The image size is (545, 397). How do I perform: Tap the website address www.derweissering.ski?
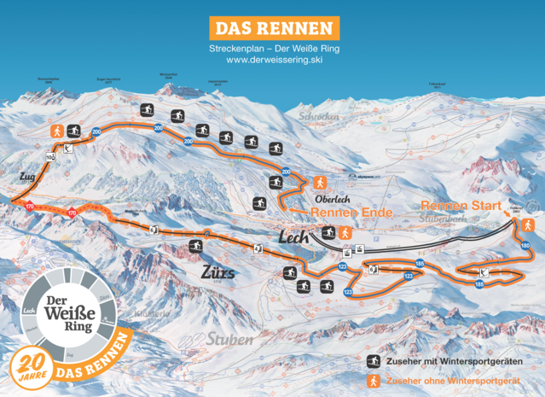tap(272, 61)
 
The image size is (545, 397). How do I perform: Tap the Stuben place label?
tap(228, 339)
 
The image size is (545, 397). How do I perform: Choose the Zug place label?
tap(25, 178)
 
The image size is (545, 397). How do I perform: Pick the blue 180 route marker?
tap(524, 246)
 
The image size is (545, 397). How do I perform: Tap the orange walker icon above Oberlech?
tap(320, 182)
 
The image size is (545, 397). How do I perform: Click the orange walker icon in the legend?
tap(373, 381)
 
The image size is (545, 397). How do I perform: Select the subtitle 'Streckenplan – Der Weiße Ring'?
tap(272, 50)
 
